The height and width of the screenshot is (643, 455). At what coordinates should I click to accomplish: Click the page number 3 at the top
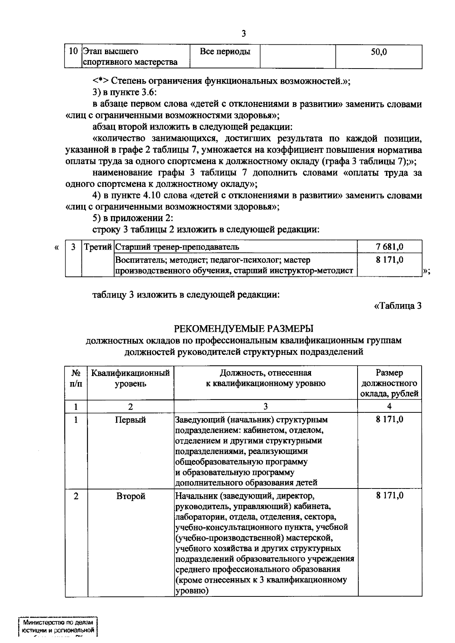[243, 34]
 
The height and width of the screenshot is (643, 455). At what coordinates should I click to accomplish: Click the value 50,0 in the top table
[379, 52]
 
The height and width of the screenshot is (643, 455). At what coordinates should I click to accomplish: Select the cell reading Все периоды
[225, 52]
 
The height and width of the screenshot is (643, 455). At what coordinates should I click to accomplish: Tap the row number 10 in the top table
[74, 51]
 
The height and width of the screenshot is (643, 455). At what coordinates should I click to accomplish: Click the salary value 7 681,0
[389, 247]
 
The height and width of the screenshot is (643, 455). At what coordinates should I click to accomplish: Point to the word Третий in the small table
[98, 247]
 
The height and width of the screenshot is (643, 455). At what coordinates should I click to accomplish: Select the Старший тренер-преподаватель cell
[177, 247]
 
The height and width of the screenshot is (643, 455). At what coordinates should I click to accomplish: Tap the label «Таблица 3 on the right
[398, 306]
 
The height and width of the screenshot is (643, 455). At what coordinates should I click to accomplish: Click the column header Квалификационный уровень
[130, 378]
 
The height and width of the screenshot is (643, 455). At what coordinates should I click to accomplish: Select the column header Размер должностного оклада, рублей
[389, 383]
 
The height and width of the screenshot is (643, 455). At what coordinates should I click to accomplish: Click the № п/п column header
[76, 378]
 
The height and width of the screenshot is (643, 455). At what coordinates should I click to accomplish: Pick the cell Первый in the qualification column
[130, 420]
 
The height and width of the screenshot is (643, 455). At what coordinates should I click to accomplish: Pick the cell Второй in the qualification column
[130, 496]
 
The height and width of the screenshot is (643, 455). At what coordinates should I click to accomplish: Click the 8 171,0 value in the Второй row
[389, 496]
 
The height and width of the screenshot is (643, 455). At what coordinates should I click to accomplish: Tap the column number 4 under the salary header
[389, 407]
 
